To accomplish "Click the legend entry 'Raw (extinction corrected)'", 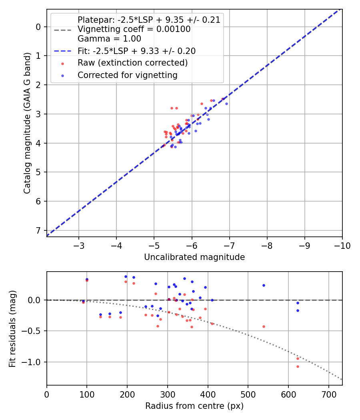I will click(132, 63).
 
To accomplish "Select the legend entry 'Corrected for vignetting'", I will click(127, 75).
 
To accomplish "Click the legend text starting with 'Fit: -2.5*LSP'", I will click(136, 51).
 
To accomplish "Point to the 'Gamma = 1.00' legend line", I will click(109, 39).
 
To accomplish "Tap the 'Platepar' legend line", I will click(149, 20).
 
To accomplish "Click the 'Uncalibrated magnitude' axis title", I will click(194, 257).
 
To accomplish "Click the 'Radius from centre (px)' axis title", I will click(194, 406).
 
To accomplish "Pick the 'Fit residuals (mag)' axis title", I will click(12, 328).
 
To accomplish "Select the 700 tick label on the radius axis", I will click(328, 394).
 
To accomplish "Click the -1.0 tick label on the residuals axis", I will click(33, 362).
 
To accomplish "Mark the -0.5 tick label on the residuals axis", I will click(33, 331).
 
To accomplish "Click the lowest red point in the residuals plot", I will click(298, 366).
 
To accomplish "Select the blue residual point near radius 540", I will click(264, 285).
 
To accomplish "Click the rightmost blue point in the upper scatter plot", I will click(226, 104).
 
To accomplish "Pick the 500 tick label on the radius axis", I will click(248, 394).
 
